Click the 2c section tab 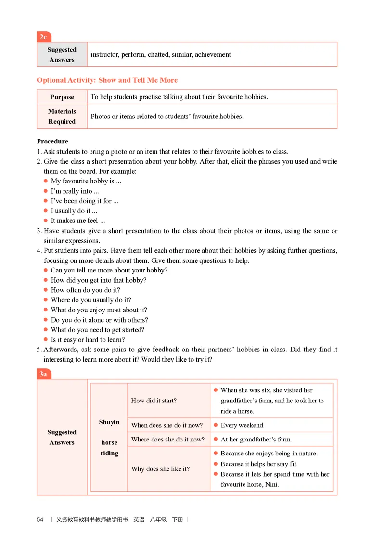click(x=43, y=37)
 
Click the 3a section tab click(x=43, y=374)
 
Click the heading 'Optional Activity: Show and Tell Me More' click(x=107, y=80)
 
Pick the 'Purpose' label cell click(x=62, y=97)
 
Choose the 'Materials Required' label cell click(x=62, y=117)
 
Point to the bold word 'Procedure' click(x=52, y=142)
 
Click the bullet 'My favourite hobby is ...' click(x=86, y=182)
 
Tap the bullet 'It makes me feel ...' click(x=78, y=221)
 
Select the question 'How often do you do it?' click(x=86, y=290)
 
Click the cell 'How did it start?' click(x=154, y=401)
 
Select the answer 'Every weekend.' click(x=243, y=426)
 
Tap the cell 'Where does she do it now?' click(x=168, y=440)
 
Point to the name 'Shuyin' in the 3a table click(x=109, y=422)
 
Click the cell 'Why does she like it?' click(x=160, y=469)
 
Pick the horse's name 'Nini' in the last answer click(x=270, y=485)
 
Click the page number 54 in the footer click(x=40, y=520)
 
